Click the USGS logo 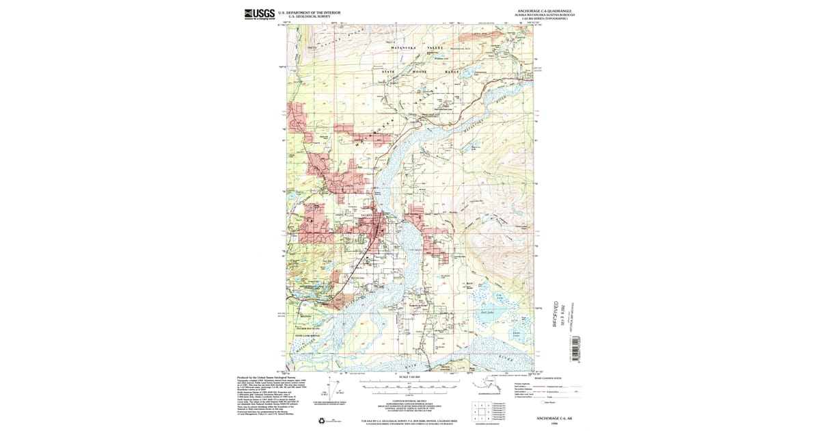(259, 14)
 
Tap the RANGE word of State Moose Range (452, 72)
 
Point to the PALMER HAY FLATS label (307, 329)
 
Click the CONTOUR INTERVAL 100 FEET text (409, 401)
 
